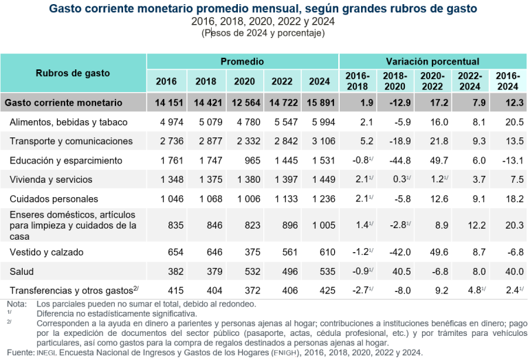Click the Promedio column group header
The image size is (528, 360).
(x=242, y=62)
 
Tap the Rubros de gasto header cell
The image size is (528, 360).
(x=73, y=73)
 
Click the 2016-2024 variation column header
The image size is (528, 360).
(x=507, y=81)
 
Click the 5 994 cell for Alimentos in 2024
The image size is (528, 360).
(x=320, y=122)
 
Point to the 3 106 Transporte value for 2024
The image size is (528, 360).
(x=320, y=141)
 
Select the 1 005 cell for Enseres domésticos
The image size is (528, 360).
(x=320, y=224)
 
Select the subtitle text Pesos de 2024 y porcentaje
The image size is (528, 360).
(x=263, y=33)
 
